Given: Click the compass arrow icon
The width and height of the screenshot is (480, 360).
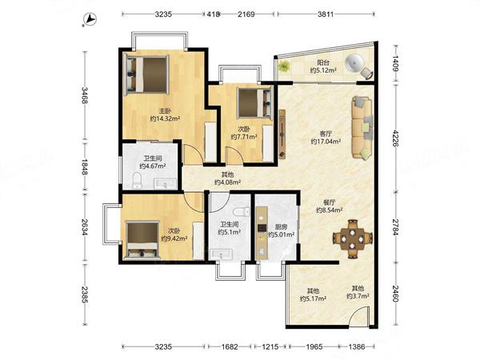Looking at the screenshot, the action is [90, 19].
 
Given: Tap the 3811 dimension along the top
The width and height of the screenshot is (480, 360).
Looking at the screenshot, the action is [325, 14].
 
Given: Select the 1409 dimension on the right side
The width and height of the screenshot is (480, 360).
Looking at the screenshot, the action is [395, 63].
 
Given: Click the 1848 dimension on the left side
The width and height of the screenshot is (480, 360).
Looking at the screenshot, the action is [85, 167].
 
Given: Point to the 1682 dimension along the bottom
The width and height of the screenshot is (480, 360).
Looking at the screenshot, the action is [230, 347].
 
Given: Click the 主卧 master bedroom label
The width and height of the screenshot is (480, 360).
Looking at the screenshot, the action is [165, 111].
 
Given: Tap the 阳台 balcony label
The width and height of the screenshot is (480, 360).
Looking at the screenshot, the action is [323, 62].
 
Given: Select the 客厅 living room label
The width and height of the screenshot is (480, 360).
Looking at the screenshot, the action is [326, 134].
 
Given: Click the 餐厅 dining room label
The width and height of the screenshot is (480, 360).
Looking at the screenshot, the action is [330, 202].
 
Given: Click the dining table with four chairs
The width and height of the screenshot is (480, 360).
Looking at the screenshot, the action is [353, 238].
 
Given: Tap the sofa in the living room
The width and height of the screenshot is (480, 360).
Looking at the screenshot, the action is [362, 127].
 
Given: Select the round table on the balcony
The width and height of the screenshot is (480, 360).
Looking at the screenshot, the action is [355, 64].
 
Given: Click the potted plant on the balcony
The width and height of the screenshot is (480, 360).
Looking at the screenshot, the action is [284, 66].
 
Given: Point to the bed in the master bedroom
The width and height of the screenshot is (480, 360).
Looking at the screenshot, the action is [147, 74].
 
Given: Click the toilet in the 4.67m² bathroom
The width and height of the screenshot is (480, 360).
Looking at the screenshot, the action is [137, 181].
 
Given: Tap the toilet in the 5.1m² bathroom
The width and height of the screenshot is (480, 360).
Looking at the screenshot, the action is [241, 211].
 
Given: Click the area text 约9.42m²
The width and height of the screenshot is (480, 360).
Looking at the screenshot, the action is [174, 238].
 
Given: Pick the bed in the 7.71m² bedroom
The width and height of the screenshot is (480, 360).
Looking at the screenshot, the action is [254, 103].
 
